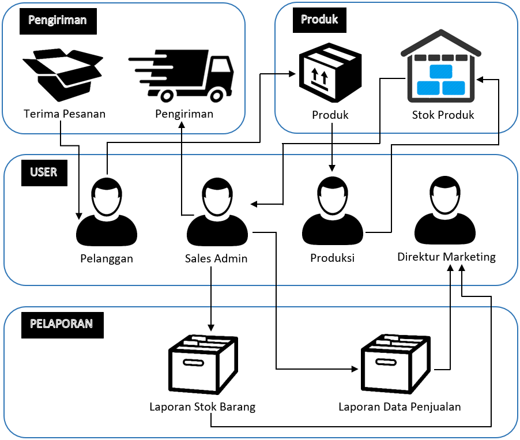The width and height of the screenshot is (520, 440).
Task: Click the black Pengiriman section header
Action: coord(57,20)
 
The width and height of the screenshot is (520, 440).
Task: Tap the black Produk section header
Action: coord(319,20)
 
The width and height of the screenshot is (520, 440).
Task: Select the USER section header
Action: coord(44,172)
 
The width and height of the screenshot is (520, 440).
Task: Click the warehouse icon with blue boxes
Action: coord(440,65)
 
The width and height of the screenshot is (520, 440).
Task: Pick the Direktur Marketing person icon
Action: coord(446,209)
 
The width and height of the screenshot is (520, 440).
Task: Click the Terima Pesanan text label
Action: coord(65,114)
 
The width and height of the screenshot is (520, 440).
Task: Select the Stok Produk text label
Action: coord(443,115)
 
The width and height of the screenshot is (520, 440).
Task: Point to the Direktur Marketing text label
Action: coord(446,257)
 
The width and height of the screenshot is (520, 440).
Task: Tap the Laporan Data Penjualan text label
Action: coord(400,407)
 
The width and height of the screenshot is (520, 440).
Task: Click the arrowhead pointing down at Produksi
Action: coord(332,168)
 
